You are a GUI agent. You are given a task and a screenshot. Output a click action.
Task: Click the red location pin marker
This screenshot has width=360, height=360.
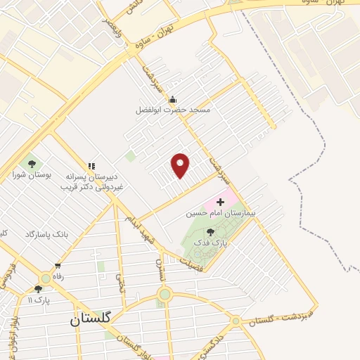181,165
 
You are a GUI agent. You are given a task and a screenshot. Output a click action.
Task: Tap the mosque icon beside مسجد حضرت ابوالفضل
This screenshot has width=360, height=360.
172,99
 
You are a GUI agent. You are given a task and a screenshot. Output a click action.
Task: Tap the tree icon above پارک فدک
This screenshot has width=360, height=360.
210,231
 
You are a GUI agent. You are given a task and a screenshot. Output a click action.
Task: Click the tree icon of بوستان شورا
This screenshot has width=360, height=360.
32,164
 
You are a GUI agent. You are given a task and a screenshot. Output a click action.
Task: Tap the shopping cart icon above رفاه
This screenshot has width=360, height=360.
58,266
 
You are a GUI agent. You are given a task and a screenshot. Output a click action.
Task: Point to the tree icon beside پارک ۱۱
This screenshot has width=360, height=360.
38,288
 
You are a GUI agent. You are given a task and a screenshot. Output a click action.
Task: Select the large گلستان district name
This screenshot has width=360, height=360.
91,319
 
